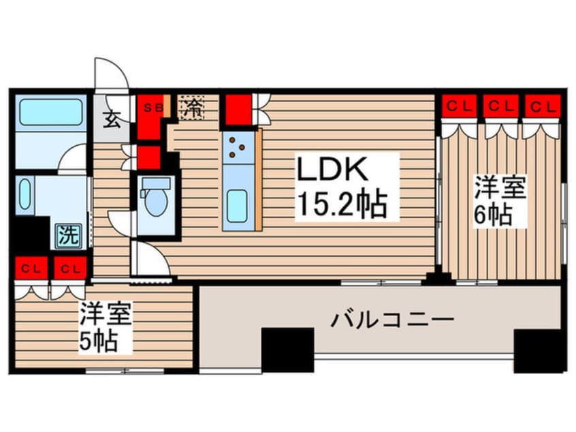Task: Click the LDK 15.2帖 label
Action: point(347,185)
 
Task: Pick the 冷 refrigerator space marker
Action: point(193,108)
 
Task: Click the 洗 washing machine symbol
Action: point(67,236)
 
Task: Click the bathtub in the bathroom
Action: point(51,112)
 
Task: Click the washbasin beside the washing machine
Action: point(25,195)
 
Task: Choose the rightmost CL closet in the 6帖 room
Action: point(543,107)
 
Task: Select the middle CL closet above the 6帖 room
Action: point(501,107)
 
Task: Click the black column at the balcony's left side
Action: point(287,350)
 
